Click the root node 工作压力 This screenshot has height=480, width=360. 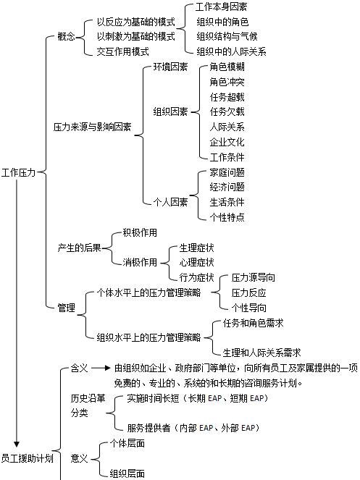(x=18, y=172)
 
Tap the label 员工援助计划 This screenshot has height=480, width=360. (x=27, y=458)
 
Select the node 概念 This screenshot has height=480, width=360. (x=66, y=36)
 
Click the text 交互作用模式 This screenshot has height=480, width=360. (x=123, y=51)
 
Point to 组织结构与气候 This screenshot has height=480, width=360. (x=227, y=36)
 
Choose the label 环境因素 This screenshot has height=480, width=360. (x=170, y=67)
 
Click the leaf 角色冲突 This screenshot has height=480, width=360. (x=227, y=82)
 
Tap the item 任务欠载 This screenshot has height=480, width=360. (x=227, y=111)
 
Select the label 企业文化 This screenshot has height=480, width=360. (x=227, y=142)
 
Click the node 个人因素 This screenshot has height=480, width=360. (x=170, y=202)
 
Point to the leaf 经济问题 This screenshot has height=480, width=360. (x=227, y=187)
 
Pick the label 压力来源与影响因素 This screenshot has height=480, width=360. (x=92, y=127)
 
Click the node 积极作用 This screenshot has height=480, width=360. (x=140, y=232)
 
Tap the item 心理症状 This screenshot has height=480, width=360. (x=196, y=262)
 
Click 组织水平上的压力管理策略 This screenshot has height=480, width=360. (x=149, y=337)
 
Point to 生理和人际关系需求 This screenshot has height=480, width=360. (x=262, y=353)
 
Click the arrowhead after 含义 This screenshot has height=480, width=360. (x=107, y=368)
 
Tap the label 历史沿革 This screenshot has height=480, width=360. (x=88, y=398)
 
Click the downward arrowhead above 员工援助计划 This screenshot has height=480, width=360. (x=17, y=444)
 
